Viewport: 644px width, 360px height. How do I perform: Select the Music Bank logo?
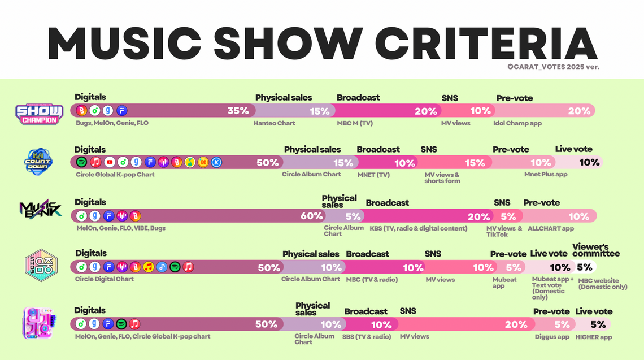click(40, 211)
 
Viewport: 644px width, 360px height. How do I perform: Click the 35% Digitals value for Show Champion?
click(238, 111)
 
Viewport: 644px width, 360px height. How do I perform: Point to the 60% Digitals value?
click(311, 216)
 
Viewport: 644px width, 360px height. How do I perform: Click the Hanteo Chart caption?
click(275, 123)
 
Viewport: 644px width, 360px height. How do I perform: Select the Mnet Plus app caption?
click(546, 174)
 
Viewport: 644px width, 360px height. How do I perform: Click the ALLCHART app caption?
click(551, 228)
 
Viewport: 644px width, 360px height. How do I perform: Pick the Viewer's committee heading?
click(596, 250)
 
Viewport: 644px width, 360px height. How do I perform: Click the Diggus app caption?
click(552, 337)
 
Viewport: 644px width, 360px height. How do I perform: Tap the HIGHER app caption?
click(594, 337)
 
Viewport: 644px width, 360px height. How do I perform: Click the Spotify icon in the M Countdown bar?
click(82, 163)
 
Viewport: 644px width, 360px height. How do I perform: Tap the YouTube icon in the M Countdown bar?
click(109, 163)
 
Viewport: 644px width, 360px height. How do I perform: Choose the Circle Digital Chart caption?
click(105, 279)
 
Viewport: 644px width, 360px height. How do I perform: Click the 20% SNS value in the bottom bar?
click(516, 324)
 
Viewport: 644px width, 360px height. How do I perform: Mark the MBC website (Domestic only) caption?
click(603, 284)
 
